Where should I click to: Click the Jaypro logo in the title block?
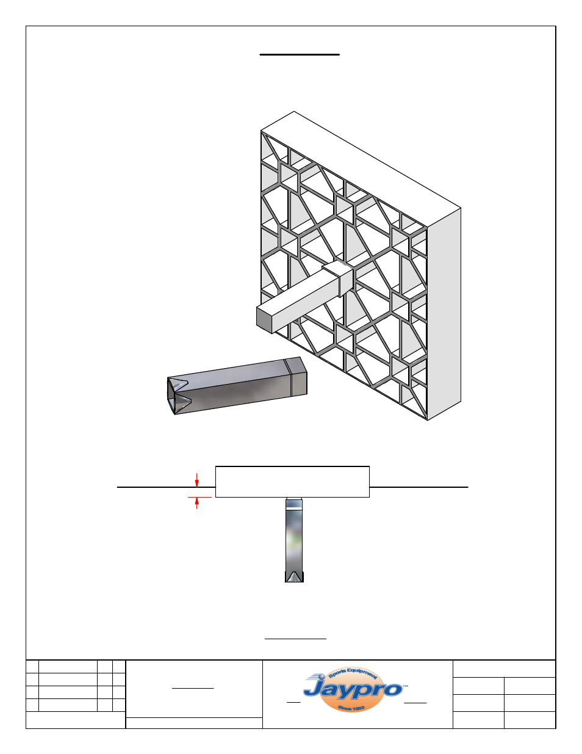pyautogui.click(x=353, y=690)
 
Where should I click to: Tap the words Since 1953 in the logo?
pyautogui.click(x=351, y=708)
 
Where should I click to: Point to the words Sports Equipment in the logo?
pyautogui.click(x=353, y=673)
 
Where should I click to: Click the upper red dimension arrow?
pyautogui.click(x=196, y=481)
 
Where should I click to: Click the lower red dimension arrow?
pyautogui.click(x=196, y=502)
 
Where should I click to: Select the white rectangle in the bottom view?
pyautogui.click(x=292, y=482)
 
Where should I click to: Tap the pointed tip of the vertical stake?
pyautogui.click(x=294, y=576)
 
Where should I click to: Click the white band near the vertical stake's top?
pyautogui.click(x=294, y=504)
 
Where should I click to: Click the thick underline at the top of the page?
pyautogui.click(x=300, y=54)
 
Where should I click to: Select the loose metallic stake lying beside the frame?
pyautogui.click(x=238, y=386)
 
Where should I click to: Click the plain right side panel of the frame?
pyautogui.click(x=444, y=314)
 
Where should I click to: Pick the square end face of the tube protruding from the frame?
pyautogui.click(x=264, y=319)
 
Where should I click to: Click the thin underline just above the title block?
pyautogui.click(x=295, y=639)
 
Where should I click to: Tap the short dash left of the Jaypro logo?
pyautogui.click(x=293, y=702)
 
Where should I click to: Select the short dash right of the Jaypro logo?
pyautogui.click(x=415, y=702)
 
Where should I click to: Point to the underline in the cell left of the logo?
pyautogui.click(x=193, y=688)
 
